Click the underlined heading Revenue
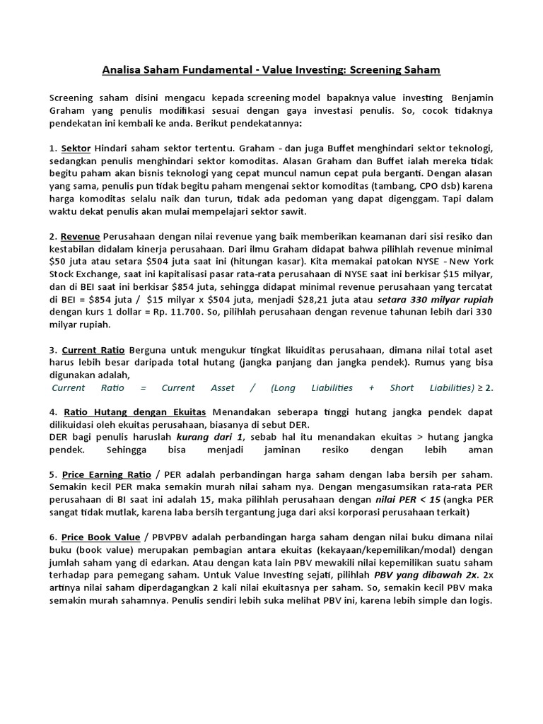pyautogui.click(x=80, y=236)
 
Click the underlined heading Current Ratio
pyautogui.click(x=90, y=350)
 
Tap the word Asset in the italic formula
pyautogui.click(x=223, y=387)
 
